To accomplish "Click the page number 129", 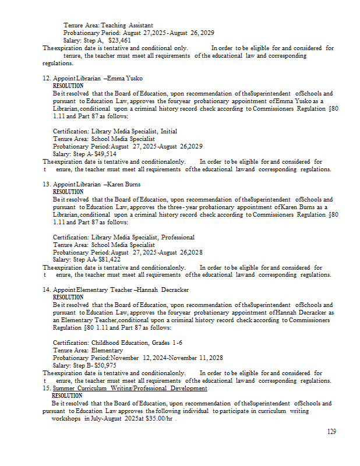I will pos(331,432).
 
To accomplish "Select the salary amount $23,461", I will pos(119,41).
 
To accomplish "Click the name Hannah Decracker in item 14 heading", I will pos(163,290).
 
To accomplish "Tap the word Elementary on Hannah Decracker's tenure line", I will pos(107,350).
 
